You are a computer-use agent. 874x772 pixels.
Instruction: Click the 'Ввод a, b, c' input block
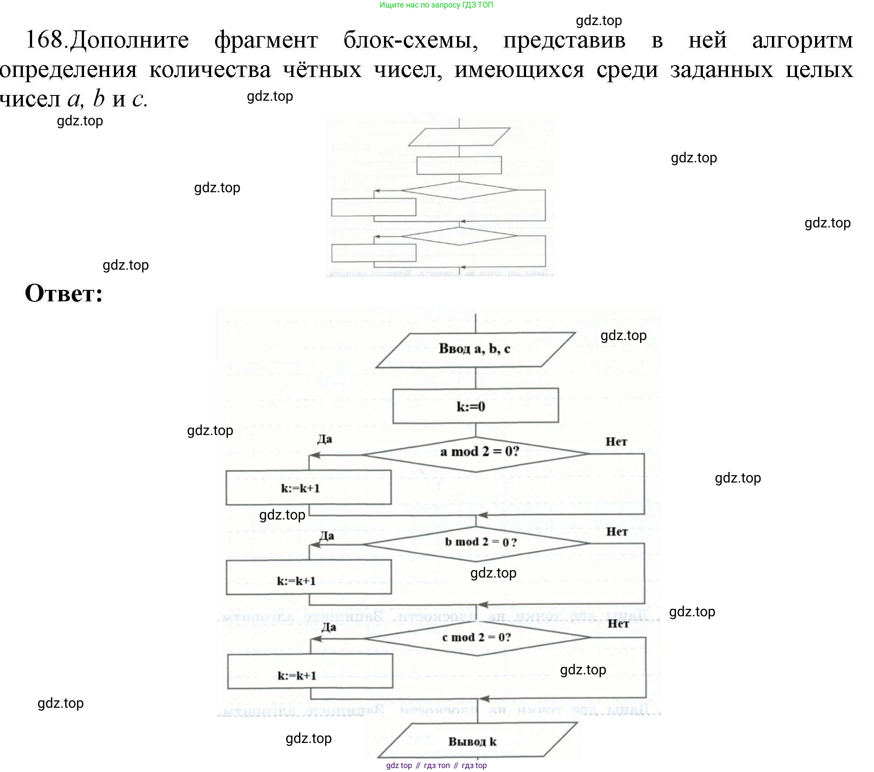pos(475,350)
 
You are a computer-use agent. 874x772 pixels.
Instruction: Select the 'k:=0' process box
pos(475,406)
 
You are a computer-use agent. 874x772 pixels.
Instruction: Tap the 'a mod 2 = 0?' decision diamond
pos(476,454)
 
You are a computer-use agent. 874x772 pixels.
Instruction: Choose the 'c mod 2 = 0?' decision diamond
pos(477,637)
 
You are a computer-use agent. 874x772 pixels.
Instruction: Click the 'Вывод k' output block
pos(477,742)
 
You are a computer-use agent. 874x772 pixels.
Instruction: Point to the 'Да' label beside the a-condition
pos(325,439)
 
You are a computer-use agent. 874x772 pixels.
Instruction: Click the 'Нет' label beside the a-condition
pos(616,442)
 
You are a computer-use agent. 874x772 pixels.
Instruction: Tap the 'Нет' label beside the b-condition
pos(617,532)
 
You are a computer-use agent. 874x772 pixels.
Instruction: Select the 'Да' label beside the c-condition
pos(328,627)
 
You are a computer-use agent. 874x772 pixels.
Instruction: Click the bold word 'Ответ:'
pos(64,293)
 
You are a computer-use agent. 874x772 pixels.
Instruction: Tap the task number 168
pos(45,40)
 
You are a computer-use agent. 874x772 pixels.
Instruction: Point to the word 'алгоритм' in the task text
pos(802,40)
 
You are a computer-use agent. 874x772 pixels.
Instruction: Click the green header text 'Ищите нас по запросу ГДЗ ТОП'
pos(436,5)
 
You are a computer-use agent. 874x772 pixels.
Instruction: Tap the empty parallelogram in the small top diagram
pos(459,137)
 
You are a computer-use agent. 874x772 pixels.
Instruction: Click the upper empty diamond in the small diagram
pos(459,190)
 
